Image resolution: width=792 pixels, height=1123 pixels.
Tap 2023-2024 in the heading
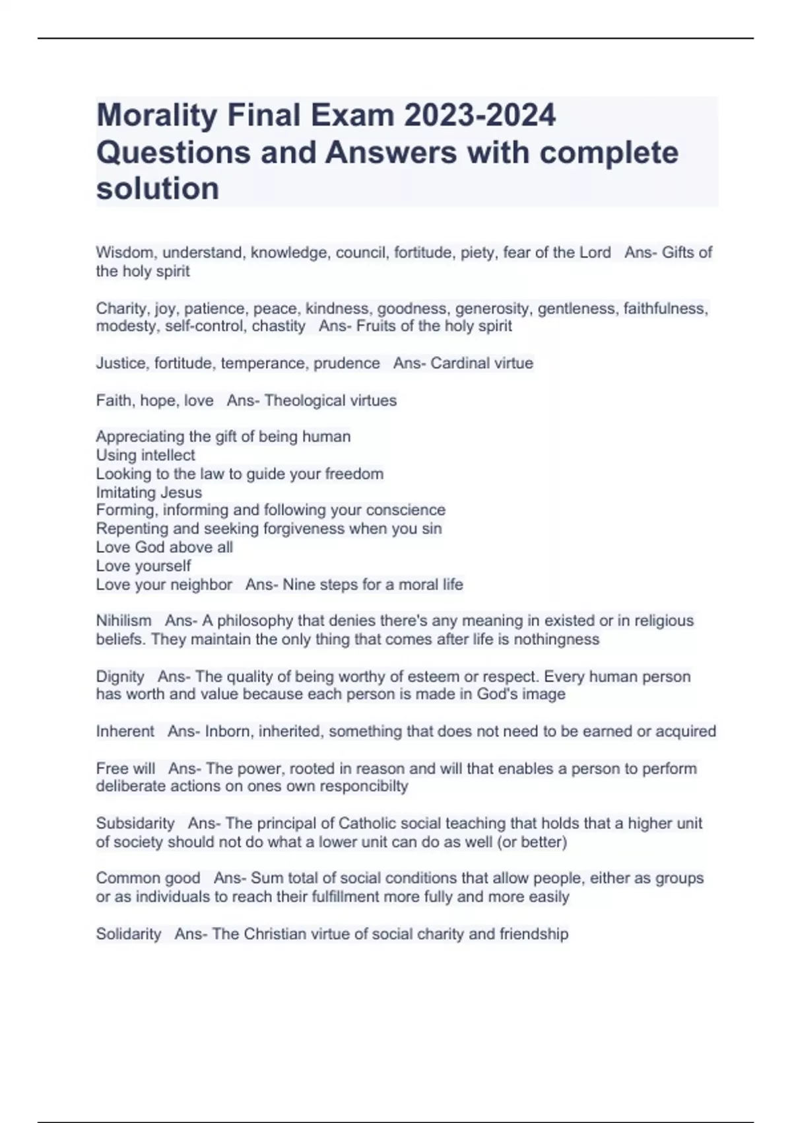coord(480,115)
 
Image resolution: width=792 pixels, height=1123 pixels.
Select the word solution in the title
coord(158,189)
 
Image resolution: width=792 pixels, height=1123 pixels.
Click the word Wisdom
coord(125,252)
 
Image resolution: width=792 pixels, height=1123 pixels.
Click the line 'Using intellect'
coord(145,455)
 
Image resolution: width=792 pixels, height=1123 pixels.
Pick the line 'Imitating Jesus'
coord(148,492)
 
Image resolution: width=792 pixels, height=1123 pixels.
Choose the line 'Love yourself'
coord(143,566)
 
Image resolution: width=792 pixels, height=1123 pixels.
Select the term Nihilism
coord(123,621)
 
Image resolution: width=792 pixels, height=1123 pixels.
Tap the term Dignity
coord(120,676)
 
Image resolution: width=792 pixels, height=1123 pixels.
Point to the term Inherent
coord(125,731)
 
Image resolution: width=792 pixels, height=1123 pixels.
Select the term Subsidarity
coord(135,823)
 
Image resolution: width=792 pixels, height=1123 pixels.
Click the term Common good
coord(148,879)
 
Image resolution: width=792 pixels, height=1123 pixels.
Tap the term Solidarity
coord(129,934)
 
